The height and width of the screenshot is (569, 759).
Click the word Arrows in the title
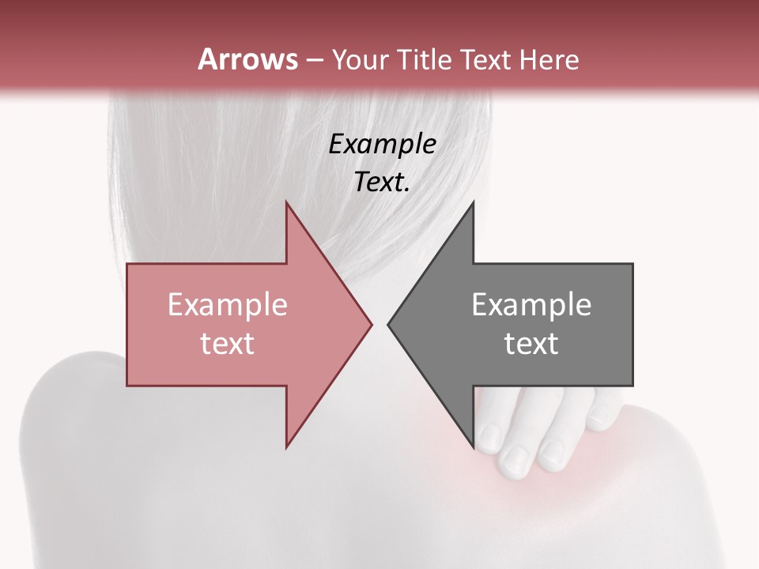coord(247,59)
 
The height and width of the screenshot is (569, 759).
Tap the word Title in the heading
coord(424,60)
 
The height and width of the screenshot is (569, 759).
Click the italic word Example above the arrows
coord(383,145)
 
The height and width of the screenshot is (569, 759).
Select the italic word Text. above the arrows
coord(383,183)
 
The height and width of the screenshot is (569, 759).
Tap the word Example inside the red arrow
coord(228,305)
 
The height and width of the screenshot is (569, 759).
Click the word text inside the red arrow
coord(228,344)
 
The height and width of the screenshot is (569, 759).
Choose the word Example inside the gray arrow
coord(531,305)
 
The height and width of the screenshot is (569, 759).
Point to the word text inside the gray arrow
coord(531,344)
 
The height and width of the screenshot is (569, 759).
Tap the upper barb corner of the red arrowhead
coord(286,202)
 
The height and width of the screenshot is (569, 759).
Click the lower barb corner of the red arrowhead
coord(286,447)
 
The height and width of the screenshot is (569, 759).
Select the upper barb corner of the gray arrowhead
coord(473,202)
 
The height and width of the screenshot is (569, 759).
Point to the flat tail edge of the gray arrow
coord(632,324)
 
